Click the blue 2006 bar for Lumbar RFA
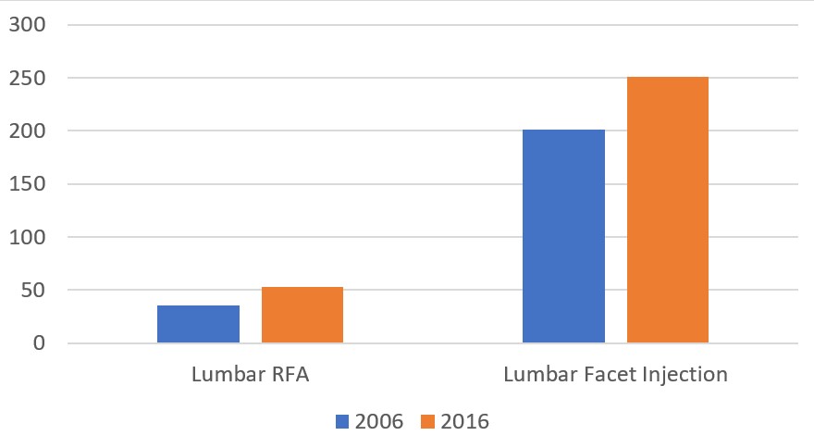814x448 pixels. click(198, 324)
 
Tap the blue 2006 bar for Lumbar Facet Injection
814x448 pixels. click(563, 236)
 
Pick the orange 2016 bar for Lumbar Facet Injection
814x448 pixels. click(668, 210)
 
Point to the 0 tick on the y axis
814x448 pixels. click(38, 343)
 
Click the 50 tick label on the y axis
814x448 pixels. click(31, 291)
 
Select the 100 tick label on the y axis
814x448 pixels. click(26, 238)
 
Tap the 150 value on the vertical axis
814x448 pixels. click(26, 184)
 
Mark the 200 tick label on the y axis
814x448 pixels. click(26, 131)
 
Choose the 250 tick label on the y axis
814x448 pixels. click(26, 79)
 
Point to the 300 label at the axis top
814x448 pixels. click(26, 25)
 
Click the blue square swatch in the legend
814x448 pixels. click(342, 422)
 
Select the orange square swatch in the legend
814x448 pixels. click(428, 422)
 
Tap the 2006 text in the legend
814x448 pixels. click(379, 422)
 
